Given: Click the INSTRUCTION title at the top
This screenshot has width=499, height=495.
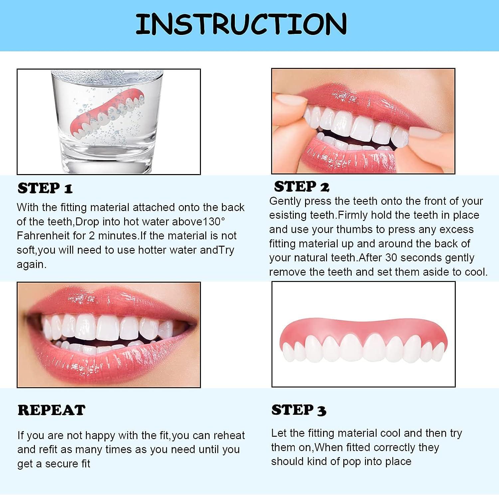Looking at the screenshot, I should (241, 24).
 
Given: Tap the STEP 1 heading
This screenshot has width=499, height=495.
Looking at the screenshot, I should (45, 188).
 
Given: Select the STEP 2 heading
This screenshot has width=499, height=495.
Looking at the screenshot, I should (301, 187).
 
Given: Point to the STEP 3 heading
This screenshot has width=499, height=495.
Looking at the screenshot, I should (299, 410).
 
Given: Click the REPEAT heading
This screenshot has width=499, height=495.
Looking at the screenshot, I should (51, 410).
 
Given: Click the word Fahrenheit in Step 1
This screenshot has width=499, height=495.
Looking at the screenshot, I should (43, 236).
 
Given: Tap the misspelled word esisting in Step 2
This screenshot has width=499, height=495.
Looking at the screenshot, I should (288, 215).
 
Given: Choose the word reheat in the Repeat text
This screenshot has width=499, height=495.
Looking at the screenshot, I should (229, 435).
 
